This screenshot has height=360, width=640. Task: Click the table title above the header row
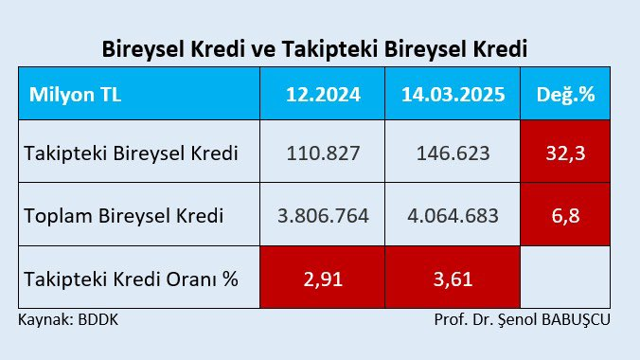click(314, 49)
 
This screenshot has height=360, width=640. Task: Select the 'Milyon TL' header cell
click(139, 94)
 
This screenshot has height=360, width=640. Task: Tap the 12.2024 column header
click(323, 94)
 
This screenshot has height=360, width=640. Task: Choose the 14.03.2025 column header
click(453, 94)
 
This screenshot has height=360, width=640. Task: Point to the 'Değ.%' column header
click(565, 94)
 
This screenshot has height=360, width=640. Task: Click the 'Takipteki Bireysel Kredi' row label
click(131, 153)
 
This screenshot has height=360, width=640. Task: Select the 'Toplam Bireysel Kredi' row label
click(124, 216)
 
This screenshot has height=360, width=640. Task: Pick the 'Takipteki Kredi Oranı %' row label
click(131, 279)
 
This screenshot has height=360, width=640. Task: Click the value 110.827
click(323, 153)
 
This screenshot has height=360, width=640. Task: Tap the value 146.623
click(453, 153)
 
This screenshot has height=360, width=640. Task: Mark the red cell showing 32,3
click(565, 152)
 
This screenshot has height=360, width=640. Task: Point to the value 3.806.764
click(323, 216)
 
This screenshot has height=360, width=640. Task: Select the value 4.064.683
click(453, 216)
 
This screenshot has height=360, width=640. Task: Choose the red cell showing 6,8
click(565, 214)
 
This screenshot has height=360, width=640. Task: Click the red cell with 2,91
click(323, 277)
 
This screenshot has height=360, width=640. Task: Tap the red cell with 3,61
click(453, 277)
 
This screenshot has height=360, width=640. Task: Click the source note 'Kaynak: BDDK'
click(68, 319)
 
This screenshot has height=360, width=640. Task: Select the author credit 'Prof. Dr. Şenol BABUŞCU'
click(522, 320)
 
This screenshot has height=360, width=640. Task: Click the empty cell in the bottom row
click(565, 277)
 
